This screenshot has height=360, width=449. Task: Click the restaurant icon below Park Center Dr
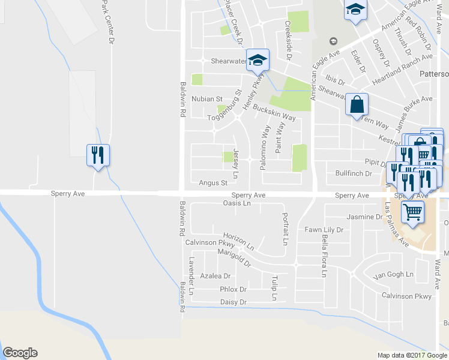tap(97, 155)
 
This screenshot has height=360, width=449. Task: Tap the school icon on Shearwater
tap(258, 60)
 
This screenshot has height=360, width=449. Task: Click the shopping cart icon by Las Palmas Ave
tap(412, 211)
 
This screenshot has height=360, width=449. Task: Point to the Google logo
tap(20, 353)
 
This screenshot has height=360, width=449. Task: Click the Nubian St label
tap(207, 98)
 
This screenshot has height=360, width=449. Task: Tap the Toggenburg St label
tap(224, 105)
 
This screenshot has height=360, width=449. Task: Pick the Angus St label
tap(213, 182)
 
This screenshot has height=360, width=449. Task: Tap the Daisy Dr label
tap(234, 302)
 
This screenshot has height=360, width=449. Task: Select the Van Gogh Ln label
tap(393, 275)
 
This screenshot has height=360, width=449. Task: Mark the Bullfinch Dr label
tap(354, 173)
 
